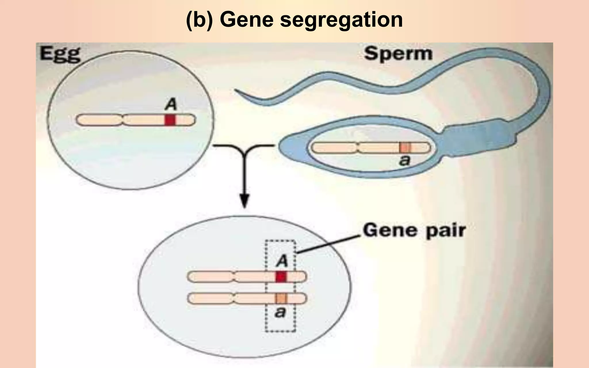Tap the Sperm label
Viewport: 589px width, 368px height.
(x=398, y=54)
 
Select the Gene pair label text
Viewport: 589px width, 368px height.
(x=414, y=231)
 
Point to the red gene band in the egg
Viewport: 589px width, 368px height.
(x=170, y=120)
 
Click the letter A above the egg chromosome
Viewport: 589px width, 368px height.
(x=171, y=104)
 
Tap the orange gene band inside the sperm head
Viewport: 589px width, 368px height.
(x=405, y=148)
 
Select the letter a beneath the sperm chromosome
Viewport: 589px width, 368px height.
(x=405, y=160)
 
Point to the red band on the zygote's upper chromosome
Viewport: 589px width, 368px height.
(x=281, y=277)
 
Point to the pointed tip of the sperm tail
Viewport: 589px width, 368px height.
(x=237, y=91)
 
